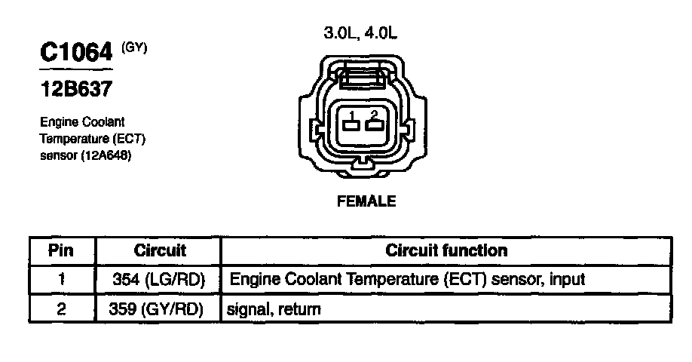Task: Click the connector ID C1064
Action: pos(76,52)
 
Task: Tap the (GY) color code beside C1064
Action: pos(134,48)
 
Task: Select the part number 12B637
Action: pos(76,89)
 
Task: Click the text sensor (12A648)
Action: pos(86,155)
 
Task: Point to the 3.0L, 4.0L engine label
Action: pos(360,32)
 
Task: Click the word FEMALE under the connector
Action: pos(366,201)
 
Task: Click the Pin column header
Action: pos(60,250)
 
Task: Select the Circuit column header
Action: pos(160,250)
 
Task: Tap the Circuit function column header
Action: pos(446,250)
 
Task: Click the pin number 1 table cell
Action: pos(61,279)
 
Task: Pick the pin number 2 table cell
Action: pos(61,308)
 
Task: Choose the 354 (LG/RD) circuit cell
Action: pos(159,280)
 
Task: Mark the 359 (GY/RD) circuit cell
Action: pos(156,309)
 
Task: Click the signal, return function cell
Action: pos(274,309)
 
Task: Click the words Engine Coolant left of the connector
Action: pos(82,122)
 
